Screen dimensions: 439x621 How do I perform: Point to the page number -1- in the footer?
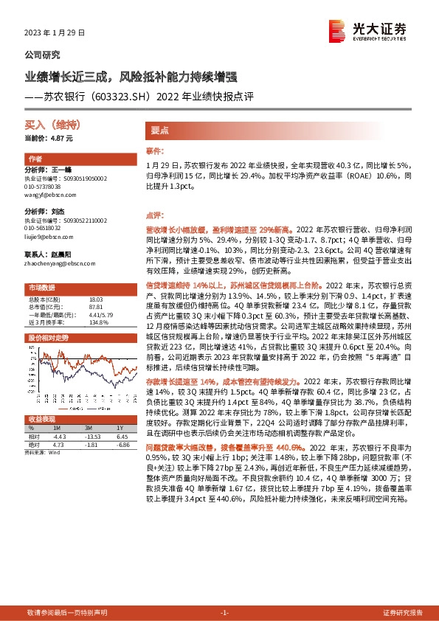pyautogui.click(x=226, y=613)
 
